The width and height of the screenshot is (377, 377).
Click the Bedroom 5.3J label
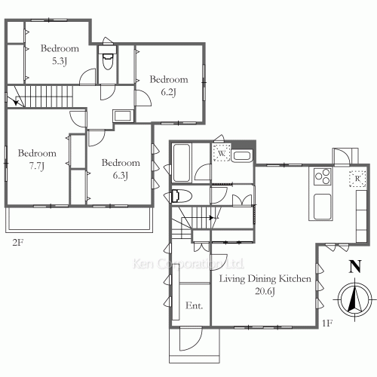[x=60, y=54]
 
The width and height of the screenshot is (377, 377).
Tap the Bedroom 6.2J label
[x=169, y=86]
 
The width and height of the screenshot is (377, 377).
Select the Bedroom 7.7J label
[x=37, y=160]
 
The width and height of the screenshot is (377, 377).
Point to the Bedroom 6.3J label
[x=121, y=169]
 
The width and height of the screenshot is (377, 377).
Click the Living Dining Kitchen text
[x=265, y=279]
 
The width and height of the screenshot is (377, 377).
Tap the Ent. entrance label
[x=194, y=305]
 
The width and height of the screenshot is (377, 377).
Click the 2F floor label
[x=18, y=243]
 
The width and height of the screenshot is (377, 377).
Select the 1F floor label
[x=327, y=323]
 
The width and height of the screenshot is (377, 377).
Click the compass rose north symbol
[x=354, y=300]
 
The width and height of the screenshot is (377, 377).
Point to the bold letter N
[x=355, y=266]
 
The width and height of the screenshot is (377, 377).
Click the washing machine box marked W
[x=222, y=152]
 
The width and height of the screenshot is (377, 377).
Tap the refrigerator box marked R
[x=357, y=179]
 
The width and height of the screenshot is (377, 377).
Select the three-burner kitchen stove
[x=323, y=176]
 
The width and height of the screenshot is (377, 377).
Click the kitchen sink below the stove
[x=322, y=207]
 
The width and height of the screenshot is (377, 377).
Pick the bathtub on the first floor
[x=182, y=163]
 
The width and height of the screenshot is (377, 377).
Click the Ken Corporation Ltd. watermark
[x=188, y=264]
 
